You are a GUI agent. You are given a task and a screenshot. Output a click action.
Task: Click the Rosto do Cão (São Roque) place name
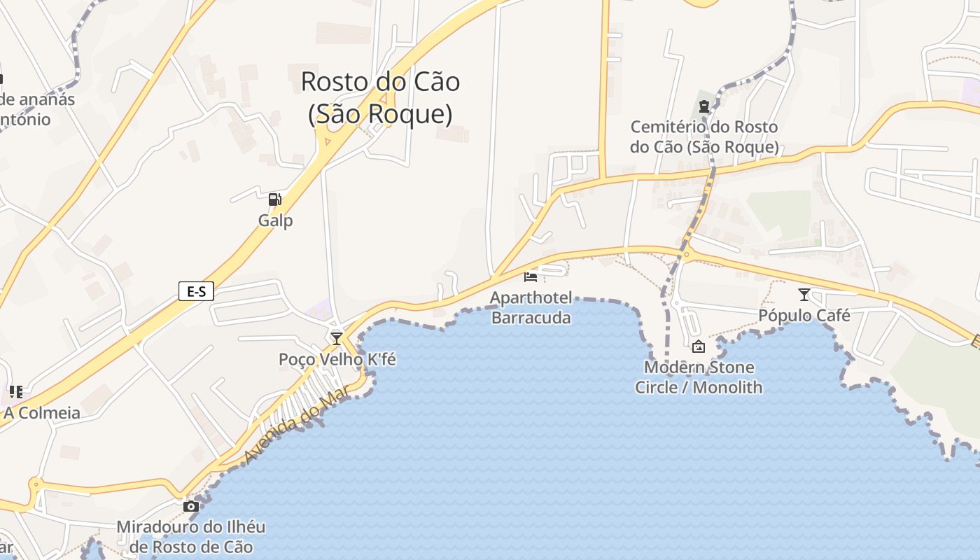380,97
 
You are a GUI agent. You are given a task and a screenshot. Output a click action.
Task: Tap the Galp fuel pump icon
275,199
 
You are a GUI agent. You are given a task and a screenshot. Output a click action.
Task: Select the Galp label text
275,220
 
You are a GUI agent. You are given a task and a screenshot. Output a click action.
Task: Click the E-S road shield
196,291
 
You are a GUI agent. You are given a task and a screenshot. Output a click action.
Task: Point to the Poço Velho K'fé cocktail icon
337,339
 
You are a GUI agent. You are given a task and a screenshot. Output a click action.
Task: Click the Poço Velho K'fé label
337,360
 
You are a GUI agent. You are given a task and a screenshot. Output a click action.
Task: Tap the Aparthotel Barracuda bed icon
531,277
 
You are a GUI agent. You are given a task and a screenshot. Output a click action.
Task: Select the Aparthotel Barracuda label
531,307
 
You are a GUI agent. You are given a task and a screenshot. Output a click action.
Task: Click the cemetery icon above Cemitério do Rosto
703,107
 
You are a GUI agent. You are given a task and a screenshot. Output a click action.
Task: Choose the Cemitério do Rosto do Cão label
703,137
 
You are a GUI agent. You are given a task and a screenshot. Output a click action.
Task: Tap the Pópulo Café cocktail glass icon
804,295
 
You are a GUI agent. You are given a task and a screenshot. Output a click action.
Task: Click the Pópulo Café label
804,316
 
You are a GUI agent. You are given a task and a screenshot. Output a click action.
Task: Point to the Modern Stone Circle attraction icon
699,346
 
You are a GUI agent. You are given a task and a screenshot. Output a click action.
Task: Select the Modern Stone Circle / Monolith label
699,377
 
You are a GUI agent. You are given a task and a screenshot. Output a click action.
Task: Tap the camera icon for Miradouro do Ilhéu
190,506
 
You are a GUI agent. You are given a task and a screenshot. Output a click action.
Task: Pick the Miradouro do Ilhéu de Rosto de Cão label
190,536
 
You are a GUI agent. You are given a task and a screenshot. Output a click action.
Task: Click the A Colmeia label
41,413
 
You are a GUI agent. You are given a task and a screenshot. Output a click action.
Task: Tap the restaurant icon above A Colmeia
16,391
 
